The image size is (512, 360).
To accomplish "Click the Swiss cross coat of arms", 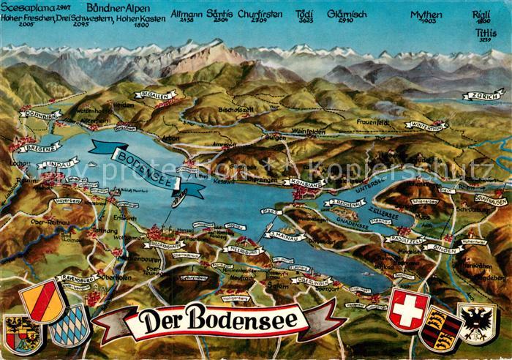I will pyautogui.click(x=409, y=309).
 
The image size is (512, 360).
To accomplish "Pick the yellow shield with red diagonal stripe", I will pyautogui.click(x=42, y=300).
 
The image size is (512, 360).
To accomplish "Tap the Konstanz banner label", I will pyautogui.click(x=306, y=184).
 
